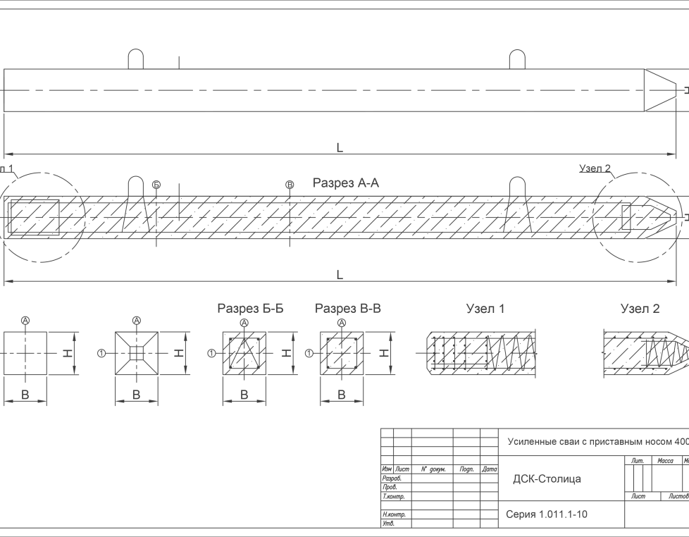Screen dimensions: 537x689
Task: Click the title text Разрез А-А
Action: coord(346,183)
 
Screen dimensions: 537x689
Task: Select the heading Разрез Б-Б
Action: coord(250,309)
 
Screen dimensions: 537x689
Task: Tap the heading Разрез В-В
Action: coord(348,309)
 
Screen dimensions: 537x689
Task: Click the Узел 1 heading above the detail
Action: coord(485,309)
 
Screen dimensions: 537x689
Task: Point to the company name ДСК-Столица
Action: coord(547,479)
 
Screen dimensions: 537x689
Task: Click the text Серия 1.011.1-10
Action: coord(547,514)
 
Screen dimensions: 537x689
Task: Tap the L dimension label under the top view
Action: coord(340,148)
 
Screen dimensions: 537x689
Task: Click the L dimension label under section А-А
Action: coord(340,275)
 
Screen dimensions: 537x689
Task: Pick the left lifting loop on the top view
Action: coord(137,59)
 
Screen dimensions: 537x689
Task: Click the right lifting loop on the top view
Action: coord(517,59)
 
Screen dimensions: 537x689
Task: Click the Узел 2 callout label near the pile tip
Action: coord(595,169)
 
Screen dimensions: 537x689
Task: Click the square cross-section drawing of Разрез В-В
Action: coord(342,352)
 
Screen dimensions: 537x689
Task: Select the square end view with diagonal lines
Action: coord(137,352)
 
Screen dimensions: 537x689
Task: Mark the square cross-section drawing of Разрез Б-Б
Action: coord(244,352)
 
